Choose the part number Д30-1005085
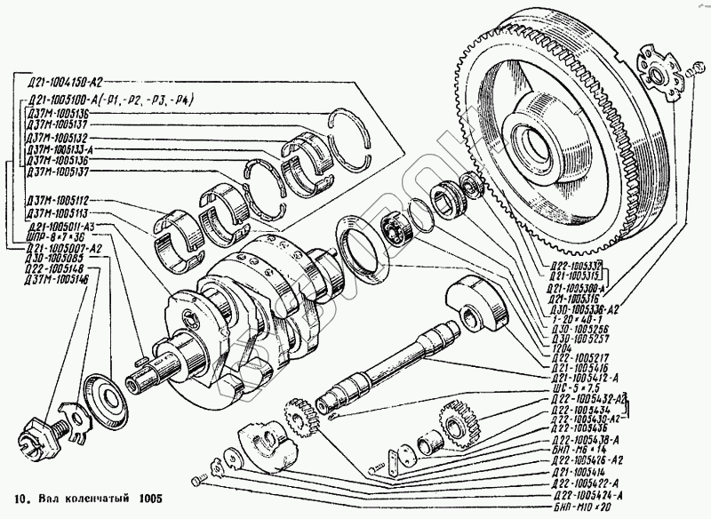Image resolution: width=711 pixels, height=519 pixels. click(x=52, y=257)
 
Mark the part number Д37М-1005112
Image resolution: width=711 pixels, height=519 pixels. click(x=62, y=202)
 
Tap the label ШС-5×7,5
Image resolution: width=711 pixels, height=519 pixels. click(x=570, y=387)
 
